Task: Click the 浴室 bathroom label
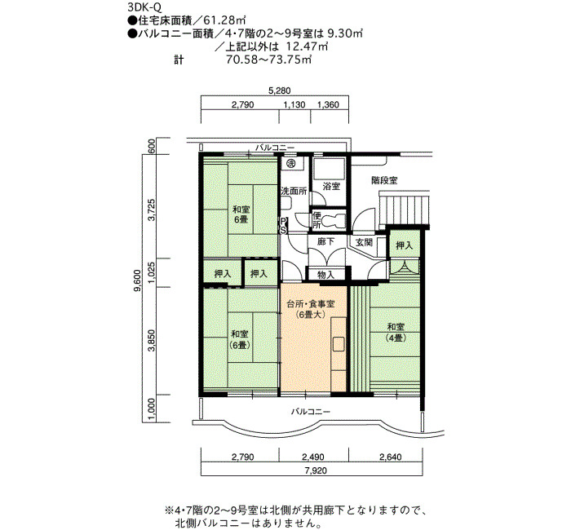pyautogui.click(x=331, y=186)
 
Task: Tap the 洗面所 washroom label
pyautogui.click(x=294, y=191)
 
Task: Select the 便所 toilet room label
pyautogui.click(x=316, y=221)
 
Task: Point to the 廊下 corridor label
pyautogui.click(x=325, y=241)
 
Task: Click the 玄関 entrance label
pyautogui.click(x=364, y=241)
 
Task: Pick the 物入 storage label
pyautogui.click(x=325, y=275)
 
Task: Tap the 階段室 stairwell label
pyautogui.click(x=384, y=180)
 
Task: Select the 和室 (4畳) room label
pyautogui.click(x=396, y=333)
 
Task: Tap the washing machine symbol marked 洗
pyautogui.click(x=290, y=163)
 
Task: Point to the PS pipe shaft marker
pyautogui.click(x=283, y=226)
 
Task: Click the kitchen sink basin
pyautogui.click(x=339, y=344)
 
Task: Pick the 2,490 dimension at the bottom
pyautogui.click(x=313, y=457)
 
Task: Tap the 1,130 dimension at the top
pyautogui.click(x=294, y=105)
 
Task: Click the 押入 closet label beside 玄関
pyautogui.click(x=405, y=245)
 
